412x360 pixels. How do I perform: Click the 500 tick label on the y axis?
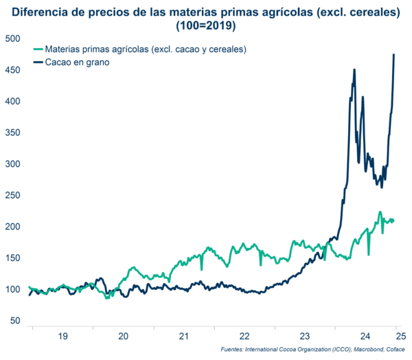coord(12,38)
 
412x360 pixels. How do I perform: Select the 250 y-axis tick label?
coord(12,195)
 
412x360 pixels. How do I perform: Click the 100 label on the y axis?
coord(12,289)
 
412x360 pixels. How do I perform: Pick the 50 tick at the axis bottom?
coord(15,321)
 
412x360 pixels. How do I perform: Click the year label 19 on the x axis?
coord(62,336)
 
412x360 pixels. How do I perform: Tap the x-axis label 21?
coord(184,336)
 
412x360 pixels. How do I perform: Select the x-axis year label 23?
coord(306,336)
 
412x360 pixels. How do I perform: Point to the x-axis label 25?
coord(401,336)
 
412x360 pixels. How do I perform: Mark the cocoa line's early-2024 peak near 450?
coord(354,69)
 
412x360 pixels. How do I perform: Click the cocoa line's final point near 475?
coord(394,54)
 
